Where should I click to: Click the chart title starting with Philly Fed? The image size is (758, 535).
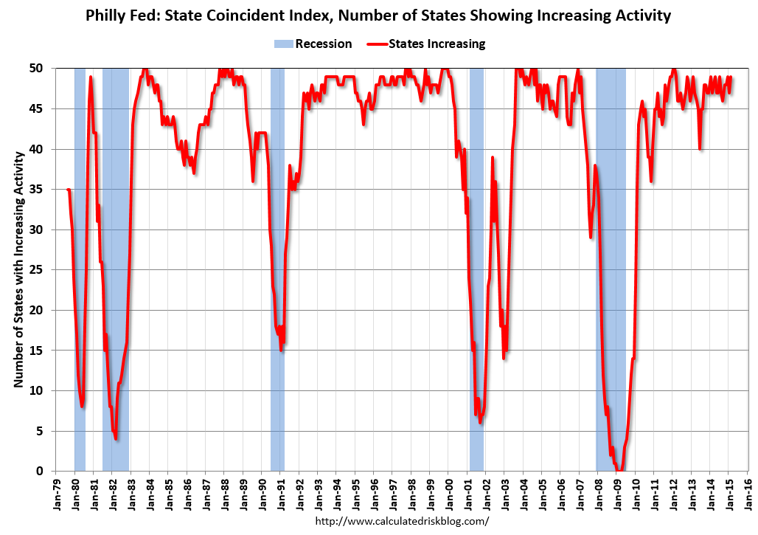(378, 15)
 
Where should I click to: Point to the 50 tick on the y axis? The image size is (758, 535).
(45, 69)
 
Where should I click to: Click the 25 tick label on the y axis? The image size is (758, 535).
(45, 270)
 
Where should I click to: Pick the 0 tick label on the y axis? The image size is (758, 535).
(49, 471)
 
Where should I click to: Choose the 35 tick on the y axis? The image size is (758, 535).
(45, 190)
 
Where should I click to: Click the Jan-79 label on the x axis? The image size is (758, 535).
(58, 495)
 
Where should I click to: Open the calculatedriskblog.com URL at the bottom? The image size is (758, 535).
(402, 521)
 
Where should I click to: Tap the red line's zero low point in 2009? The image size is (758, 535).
(620, 470)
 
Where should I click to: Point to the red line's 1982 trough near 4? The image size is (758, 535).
(117, 438)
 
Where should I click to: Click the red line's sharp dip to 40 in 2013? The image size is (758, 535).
(700, 149)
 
